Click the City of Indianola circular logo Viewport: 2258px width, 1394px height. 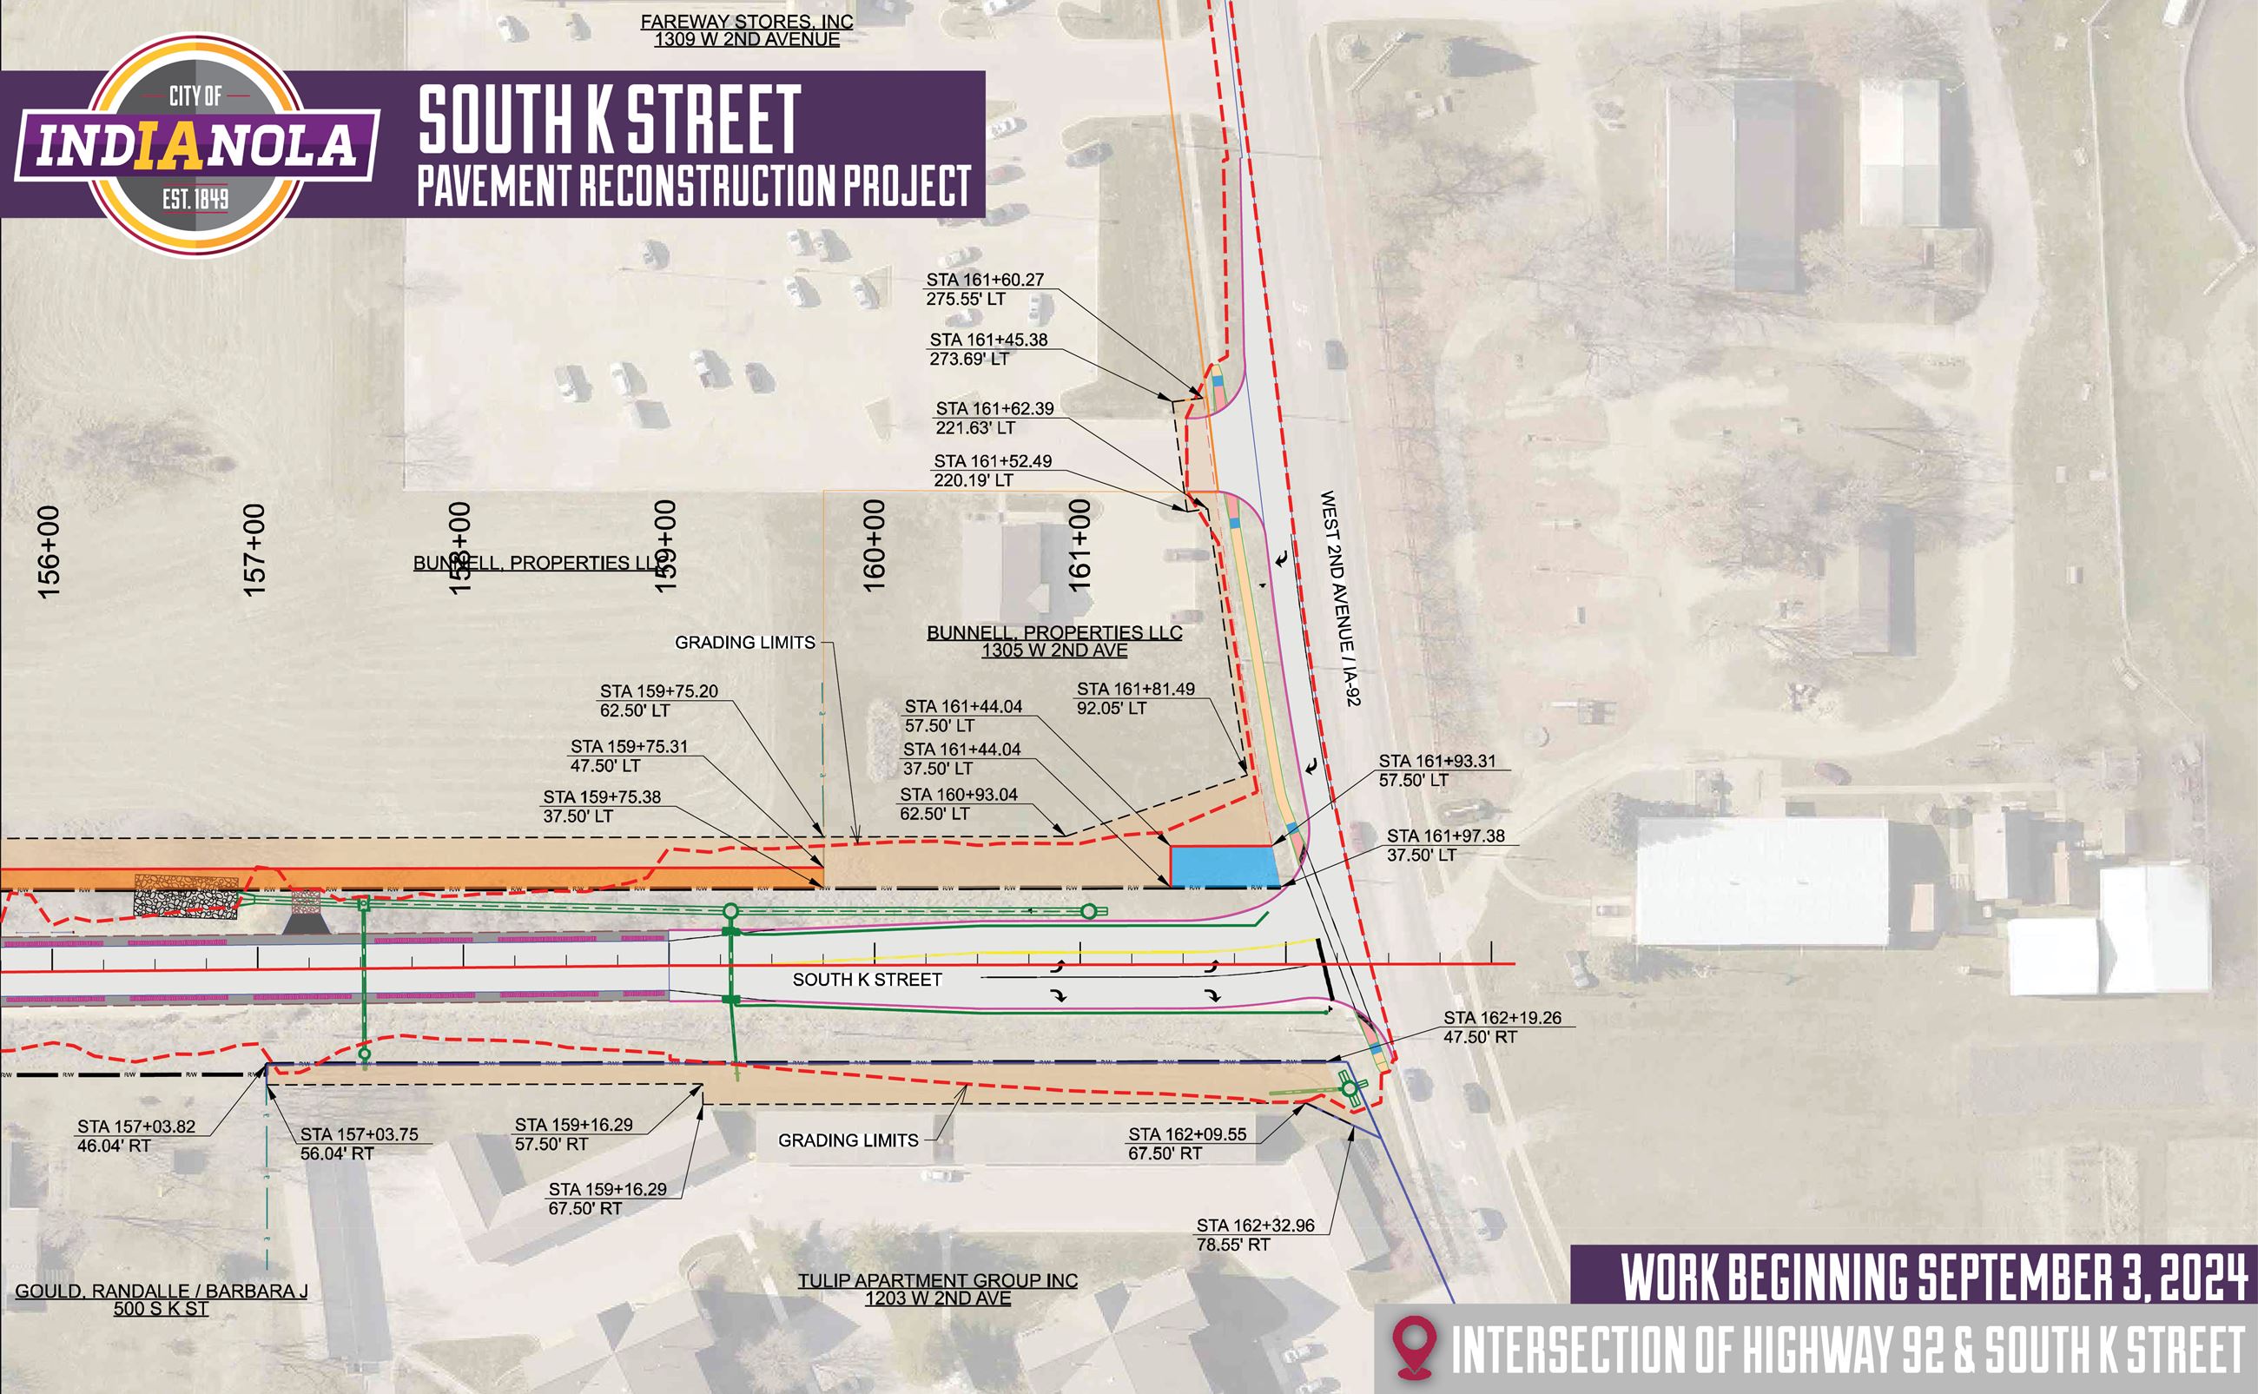tap(195, 146)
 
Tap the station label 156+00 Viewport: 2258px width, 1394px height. tap(48, 552)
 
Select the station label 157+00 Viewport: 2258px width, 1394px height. tap(254, 550)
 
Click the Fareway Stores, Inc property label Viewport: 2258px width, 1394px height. tap(747, 30)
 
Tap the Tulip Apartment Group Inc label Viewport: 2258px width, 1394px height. tap(937, 1289)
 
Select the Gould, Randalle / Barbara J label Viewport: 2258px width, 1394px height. tap(162, 1299)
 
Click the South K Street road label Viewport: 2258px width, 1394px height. tap(867, 980)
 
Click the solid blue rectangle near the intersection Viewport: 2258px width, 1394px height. tap(1223, 867)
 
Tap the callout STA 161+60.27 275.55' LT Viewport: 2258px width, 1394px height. tap(984, 288)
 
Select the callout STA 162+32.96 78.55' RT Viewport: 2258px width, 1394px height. tap(1254, 1234)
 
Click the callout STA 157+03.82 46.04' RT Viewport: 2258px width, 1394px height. tap(135, 1136)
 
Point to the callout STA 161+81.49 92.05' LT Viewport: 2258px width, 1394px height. tap(1134, 698)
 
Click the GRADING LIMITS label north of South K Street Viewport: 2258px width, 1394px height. tap(744, 643)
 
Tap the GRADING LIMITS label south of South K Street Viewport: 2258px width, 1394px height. tap(848, 1140)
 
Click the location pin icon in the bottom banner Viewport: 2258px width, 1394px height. tap(1414, 1348)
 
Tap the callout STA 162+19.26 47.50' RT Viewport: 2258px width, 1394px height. tap(1502, 1027)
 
